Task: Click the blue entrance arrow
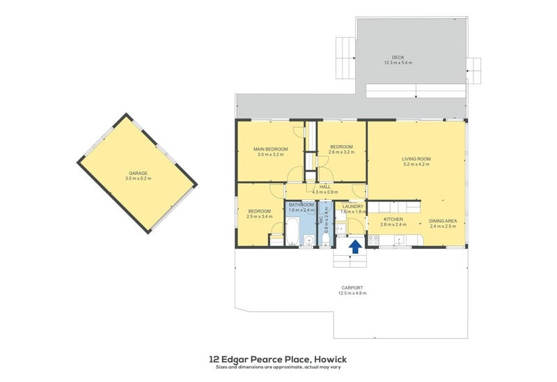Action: click(x=354, y=245)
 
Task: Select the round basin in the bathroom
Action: click(x=308, y=240)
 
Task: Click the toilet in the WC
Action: click(x=326, y=241)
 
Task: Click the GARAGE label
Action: click(x=137, y=173)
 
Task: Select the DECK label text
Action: click(x=398, y=57)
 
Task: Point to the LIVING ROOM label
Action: click(x=416, y=159)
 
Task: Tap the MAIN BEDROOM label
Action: click(x=270, y=149)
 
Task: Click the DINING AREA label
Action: click(x=442, y=220)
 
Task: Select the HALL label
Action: click(x=325, y=187)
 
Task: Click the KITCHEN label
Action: click(x=393, y=220)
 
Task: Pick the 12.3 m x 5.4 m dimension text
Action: click(x=398, y=63)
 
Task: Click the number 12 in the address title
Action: click(x=214, y=359)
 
